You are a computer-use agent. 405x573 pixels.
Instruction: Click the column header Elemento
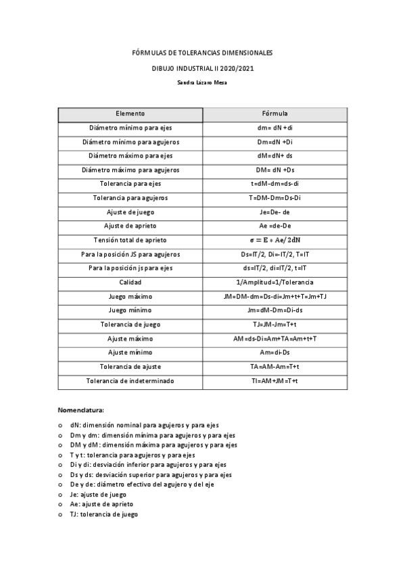click(130, 114)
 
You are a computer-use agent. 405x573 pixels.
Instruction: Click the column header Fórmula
click(275, 114)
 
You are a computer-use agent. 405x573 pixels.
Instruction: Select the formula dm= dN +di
click(275, 128)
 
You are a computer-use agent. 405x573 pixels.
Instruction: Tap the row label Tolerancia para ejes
click(130, 184)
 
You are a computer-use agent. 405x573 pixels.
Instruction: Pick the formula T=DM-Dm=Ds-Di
click(275, 198)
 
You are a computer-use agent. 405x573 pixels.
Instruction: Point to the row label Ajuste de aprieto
click(130, 226)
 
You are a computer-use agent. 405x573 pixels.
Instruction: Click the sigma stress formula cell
click(275, 240)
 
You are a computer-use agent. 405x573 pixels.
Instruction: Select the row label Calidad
click(130, 282)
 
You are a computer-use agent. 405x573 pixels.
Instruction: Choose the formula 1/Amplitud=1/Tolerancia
click(275, 282)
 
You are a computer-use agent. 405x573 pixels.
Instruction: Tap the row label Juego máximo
click(130, 297)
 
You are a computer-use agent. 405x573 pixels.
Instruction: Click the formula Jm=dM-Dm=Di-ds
click(275, 310)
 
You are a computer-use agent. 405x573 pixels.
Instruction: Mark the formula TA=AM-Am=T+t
click(275, 367)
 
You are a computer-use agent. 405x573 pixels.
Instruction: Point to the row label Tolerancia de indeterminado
click(130, 381)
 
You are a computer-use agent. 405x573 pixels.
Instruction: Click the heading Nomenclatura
click(81, 410)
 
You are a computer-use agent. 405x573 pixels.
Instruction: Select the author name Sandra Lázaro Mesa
click(203, 82)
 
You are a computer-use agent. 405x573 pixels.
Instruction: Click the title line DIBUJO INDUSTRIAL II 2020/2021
click(203, 68)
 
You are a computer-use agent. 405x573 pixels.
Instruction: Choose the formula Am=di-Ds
click(275, 353)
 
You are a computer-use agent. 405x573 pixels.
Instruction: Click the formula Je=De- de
click(275, 212)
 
